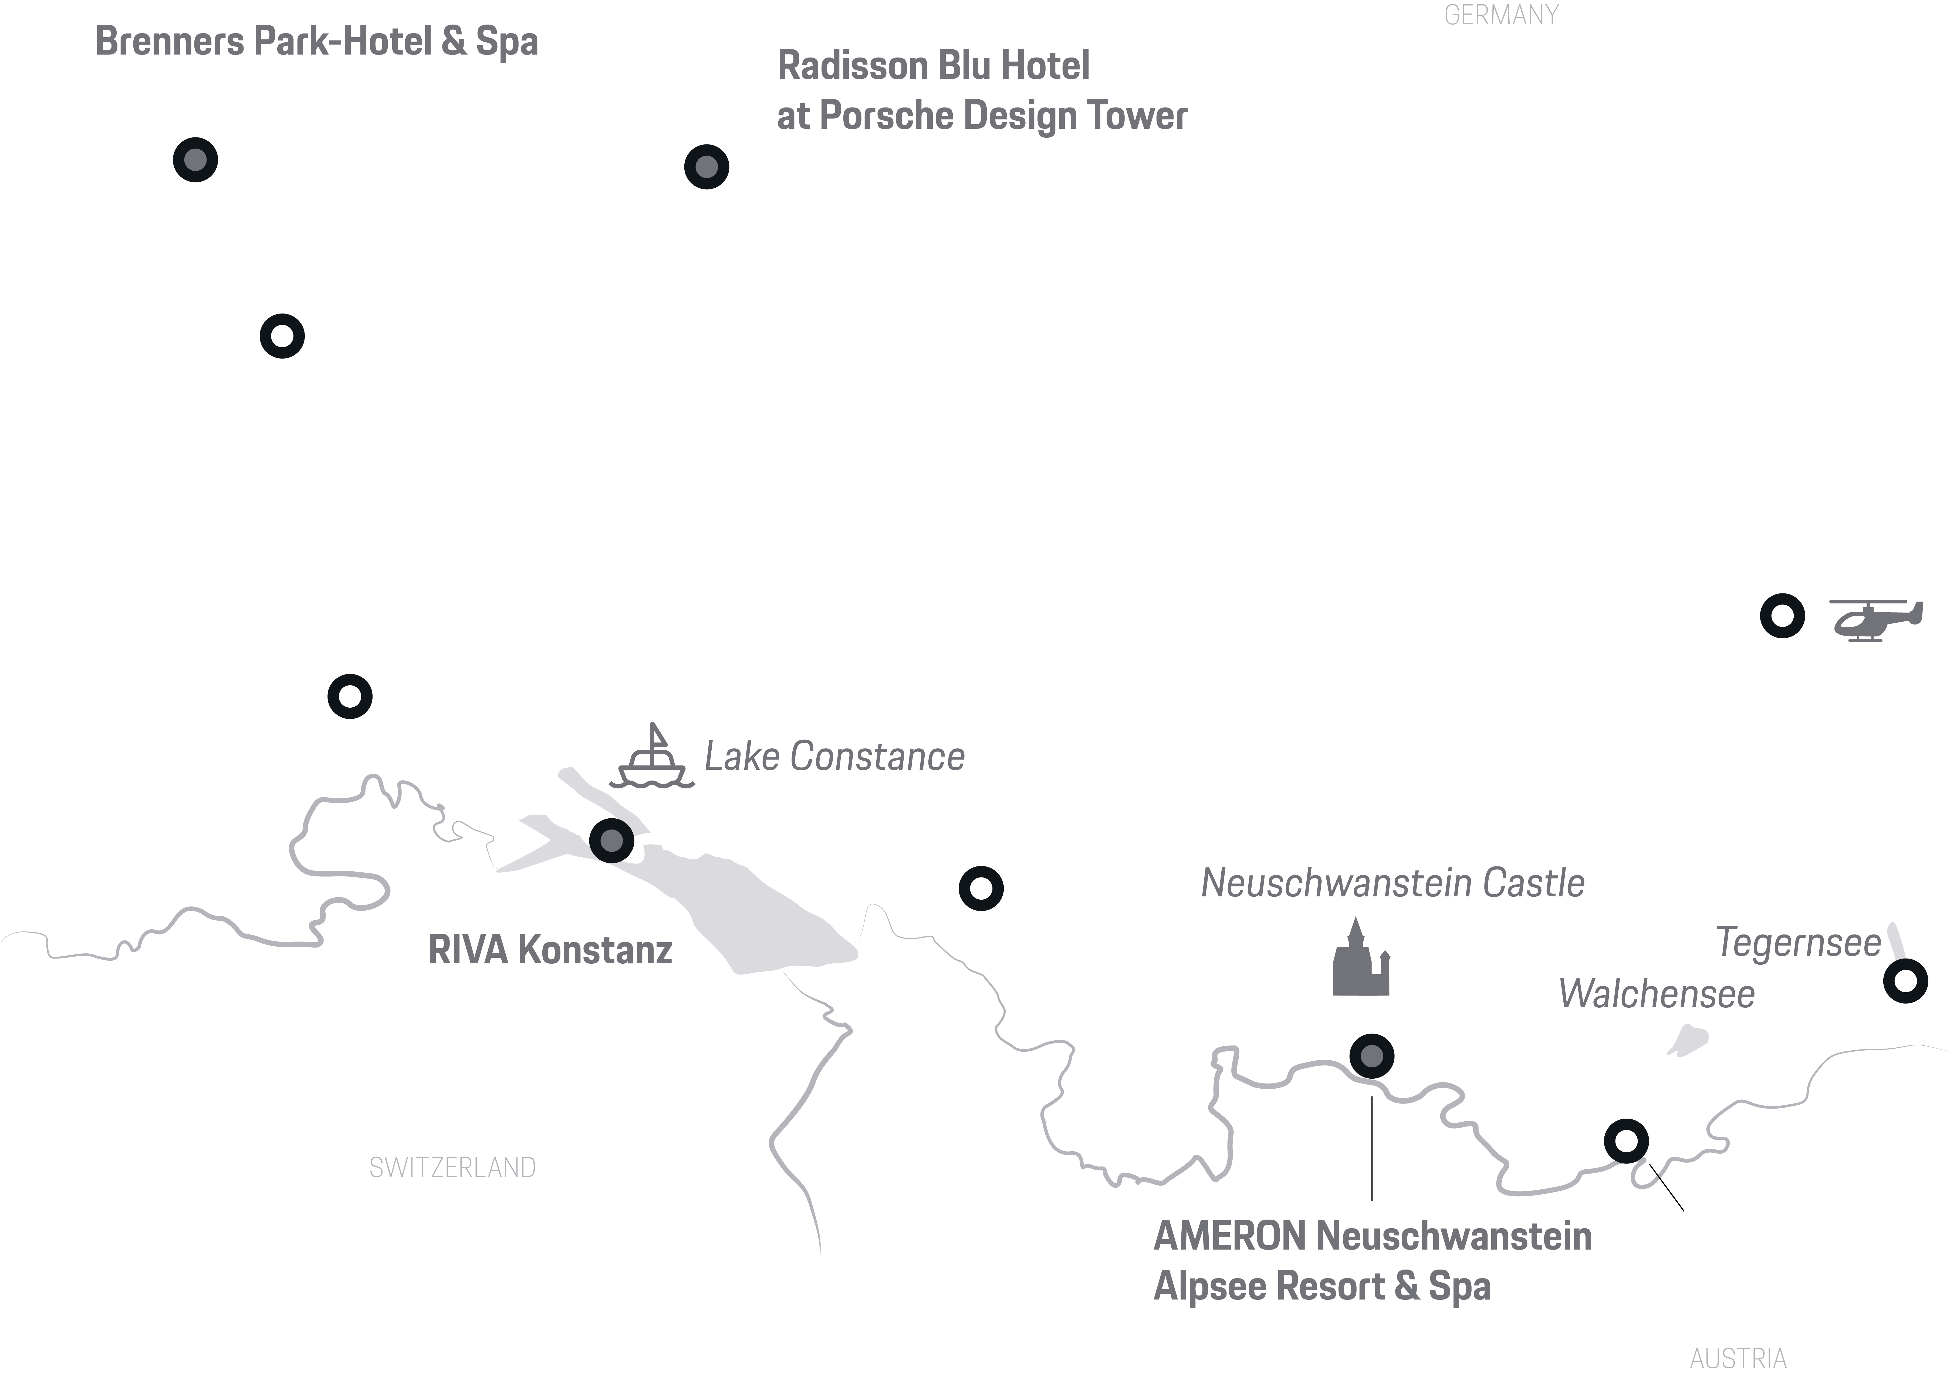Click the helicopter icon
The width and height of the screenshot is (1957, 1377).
(1876, 620)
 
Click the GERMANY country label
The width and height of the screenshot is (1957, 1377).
(1501, 15)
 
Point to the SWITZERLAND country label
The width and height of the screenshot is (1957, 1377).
(452, 1167)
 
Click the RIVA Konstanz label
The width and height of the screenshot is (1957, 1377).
(550, 950)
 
